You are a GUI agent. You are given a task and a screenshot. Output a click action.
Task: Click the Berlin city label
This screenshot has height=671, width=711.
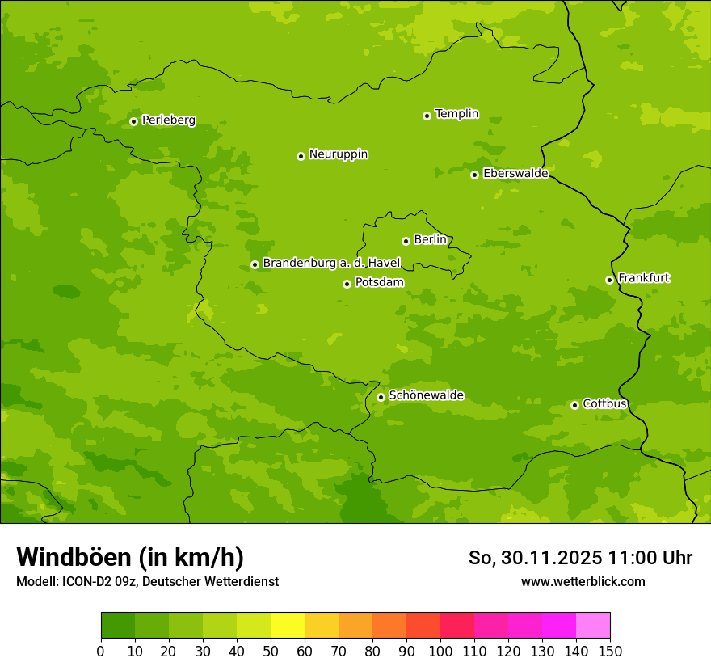[430, 240]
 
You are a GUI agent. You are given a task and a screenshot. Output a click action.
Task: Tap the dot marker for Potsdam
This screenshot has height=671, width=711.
[347, 284]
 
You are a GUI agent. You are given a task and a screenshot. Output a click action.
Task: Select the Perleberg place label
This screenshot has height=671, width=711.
[168, 120]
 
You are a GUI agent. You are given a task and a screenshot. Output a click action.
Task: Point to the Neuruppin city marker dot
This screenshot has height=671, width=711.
[301, 156]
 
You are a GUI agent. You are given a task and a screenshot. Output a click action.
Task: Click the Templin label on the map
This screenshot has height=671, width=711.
[456, 114]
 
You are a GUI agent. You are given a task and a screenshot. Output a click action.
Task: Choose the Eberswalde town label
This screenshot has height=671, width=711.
[515, 174]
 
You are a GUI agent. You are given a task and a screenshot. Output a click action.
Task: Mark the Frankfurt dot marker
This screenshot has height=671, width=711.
[609, 280]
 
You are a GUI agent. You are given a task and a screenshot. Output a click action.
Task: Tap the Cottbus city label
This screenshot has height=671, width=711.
[604, 404]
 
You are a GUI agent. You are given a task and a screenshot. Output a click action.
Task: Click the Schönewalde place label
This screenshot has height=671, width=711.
[426, 395]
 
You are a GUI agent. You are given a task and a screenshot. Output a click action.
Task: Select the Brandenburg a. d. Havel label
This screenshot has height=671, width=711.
[331, 264]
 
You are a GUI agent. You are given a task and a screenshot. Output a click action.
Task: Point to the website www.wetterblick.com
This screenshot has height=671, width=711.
[583, 581]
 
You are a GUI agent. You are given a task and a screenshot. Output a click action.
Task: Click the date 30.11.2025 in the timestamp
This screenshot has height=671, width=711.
[550, 558]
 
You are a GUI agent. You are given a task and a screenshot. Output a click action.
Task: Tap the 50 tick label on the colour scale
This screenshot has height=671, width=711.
[271, 651]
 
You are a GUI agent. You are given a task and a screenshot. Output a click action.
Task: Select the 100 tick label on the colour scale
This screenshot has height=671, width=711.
[440, 651]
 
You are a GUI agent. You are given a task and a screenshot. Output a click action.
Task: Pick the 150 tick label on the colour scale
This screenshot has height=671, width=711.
[610, 651]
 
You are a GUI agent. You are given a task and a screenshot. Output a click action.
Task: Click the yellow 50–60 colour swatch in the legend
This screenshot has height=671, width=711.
[288, 626]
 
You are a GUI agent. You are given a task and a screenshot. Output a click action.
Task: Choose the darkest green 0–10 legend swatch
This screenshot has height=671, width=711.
[118, 626]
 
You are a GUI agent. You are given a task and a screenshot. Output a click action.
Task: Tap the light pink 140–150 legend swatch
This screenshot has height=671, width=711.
[593, 626]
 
